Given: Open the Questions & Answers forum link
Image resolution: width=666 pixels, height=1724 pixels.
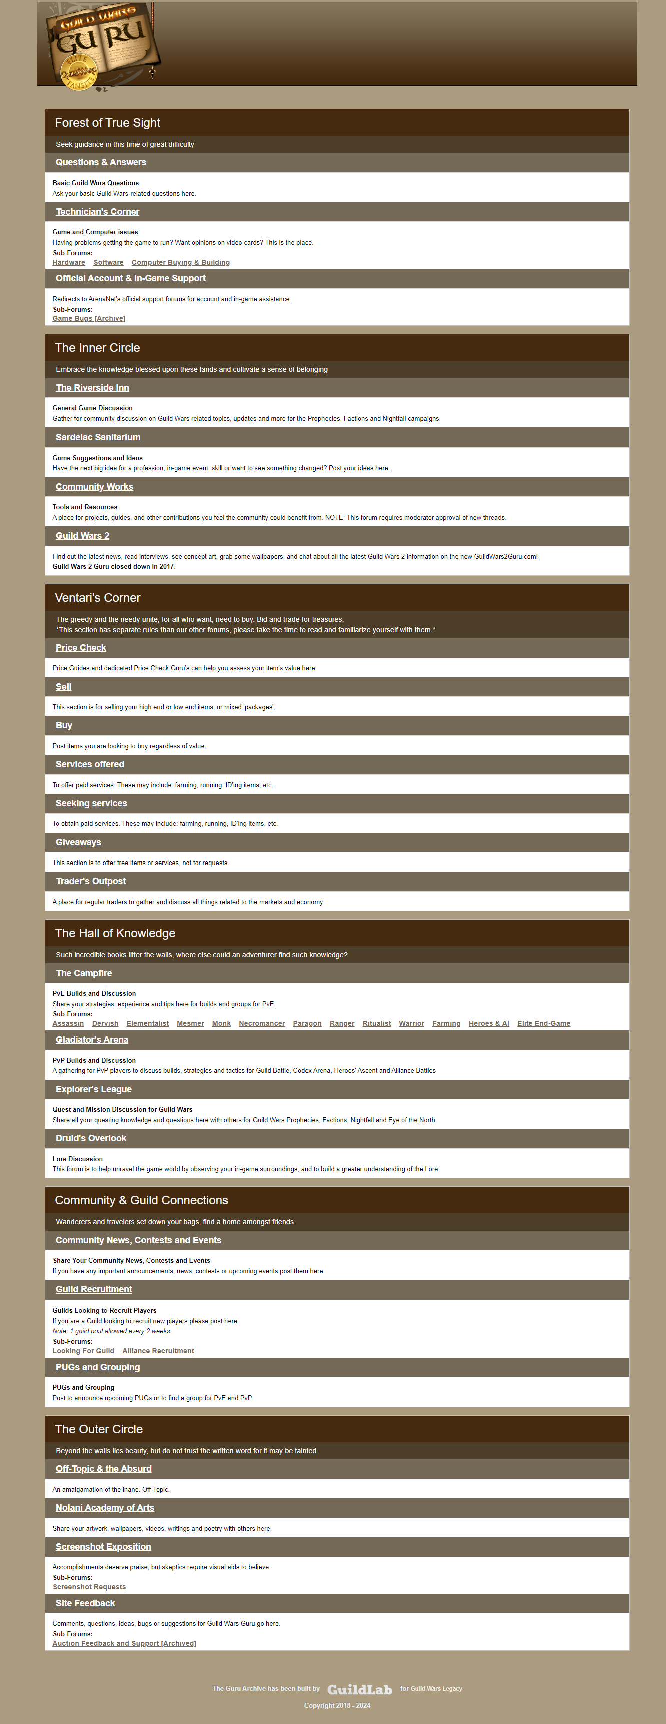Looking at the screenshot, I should point(100,162).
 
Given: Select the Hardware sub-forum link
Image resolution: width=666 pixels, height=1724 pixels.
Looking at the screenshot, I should point(68,262).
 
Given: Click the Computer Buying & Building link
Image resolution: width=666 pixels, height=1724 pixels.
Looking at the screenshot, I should point(180,262).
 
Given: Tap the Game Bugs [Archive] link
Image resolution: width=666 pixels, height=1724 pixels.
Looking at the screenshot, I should point(88,318).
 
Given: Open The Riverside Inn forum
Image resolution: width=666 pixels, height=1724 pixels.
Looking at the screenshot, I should point(92,387).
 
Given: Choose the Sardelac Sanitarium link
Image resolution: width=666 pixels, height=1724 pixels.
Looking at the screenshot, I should point(98,437).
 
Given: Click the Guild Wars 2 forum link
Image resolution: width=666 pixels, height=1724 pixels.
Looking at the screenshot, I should point(82,536).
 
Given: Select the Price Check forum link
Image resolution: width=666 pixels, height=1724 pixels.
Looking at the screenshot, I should point(80,648).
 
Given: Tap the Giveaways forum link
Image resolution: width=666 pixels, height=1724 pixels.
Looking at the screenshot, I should point(78,842).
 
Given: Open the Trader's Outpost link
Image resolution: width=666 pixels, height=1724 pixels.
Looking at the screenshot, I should point(90,882).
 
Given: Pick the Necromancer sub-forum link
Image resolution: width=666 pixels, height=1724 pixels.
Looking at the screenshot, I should point(262,1023).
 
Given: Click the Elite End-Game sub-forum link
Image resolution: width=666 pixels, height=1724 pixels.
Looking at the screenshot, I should point(543,1023).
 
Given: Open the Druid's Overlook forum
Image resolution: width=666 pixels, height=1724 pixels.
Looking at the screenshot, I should point(90,1138).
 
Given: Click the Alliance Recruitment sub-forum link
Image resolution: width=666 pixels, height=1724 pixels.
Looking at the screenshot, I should point(158,1351).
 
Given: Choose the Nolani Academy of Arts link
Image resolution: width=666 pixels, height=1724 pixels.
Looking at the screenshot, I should point(104,1508).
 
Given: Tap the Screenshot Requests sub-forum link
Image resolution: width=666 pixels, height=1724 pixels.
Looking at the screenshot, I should point(89,1587).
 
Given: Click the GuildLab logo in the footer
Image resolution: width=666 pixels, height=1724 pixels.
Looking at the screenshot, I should point(359,1690).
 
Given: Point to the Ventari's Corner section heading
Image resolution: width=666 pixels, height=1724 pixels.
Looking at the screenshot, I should point(98,598).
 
